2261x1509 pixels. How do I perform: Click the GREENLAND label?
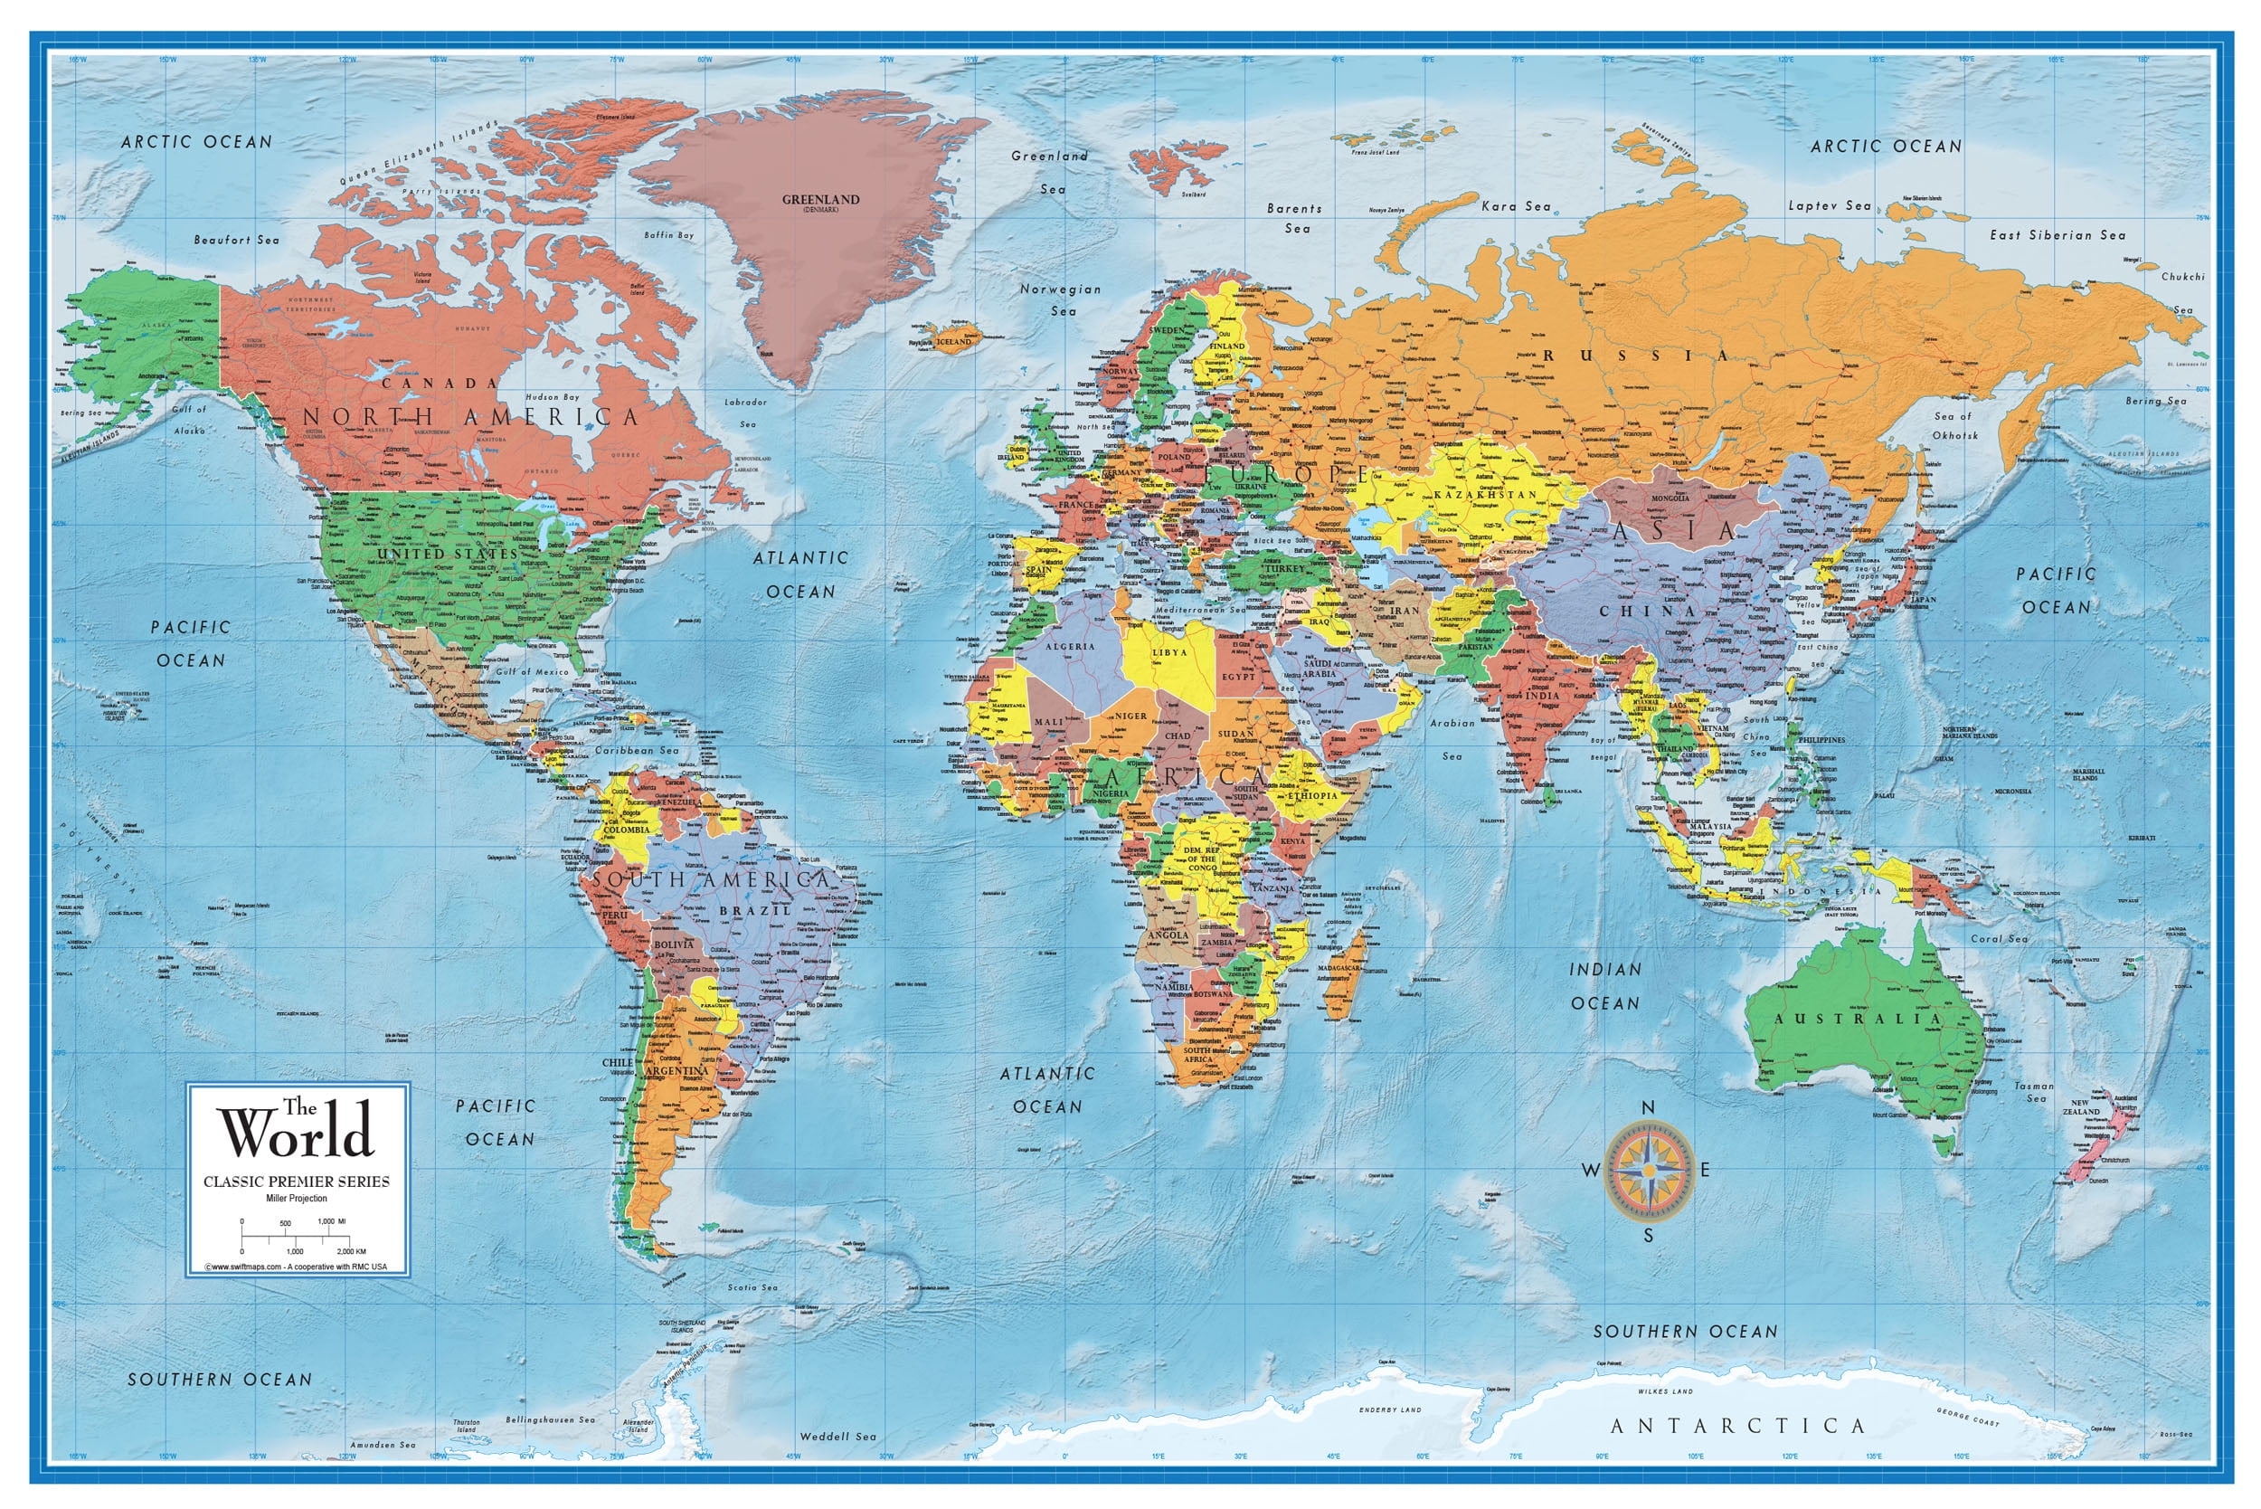coord(819,200)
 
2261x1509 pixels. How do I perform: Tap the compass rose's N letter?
coord(1647,1107)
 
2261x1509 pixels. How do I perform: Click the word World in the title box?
coord(297,1134)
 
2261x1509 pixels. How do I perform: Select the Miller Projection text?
coord(297,1198)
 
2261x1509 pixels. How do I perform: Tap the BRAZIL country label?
coord(755,909)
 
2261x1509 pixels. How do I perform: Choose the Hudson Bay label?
coord(553,396)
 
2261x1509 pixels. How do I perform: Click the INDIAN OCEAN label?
coord(1604,985)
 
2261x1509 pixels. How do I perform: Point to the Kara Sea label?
coord(1516,206)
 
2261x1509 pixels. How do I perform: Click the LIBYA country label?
coord(1169,652)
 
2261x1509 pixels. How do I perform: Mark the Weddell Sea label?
coord(838,1436)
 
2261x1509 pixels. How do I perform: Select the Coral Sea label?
coord(1999,938)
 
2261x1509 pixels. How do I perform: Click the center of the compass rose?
coord(1648,1171)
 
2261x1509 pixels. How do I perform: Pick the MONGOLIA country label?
coord(1670,498)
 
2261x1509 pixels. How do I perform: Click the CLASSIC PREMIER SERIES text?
coord(297,1181)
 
